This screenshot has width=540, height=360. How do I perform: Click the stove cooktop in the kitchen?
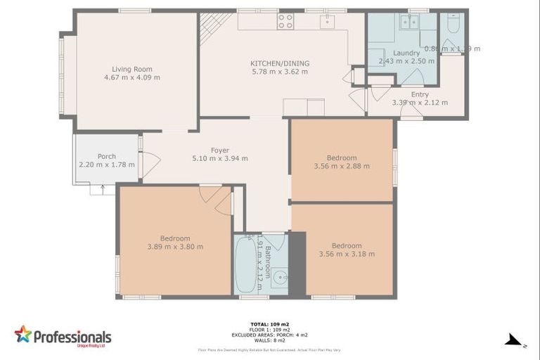point(285,22)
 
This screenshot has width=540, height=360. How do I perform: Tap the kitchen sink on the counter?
point(327,22)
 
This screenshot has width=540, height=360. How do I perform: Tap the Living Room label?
point(132,69)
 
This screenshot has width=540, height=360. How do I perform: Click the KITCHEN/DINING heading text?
point(280,63)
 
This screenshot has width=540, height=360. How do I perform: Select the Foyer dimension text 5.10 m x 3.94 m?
point(220,158)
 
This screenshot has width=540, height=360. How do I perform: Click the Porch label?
point(107,156)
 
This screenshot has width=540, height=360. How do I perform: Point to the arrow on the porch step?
point(103,188)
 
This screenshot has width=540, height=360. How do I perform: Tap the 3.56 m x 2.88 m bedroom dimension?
point(342,166)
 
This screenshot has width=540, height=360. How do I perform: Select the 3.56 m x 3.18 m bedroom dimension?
point(347,254)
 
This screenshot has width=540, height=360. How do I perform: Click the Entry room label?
point(420,94)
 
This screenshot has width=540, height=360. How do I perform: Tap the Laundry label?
point(406,53)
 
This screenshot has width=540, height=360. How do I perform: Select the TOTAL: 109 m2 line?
point(269,324)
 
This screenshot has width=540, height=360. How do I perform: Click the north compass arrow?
point(515,340)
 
